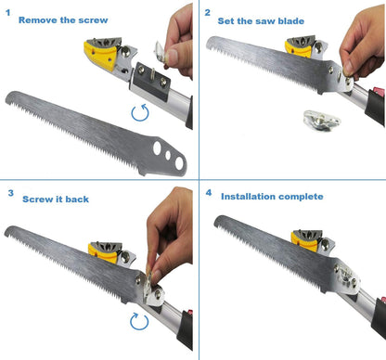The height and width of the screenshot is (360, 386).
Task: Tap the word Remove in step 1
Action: point(39,19)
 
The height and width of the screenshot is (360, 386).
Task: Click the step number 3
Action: point(10,193)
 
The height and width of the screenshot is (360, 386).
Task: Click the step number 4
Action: point(208,194)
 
